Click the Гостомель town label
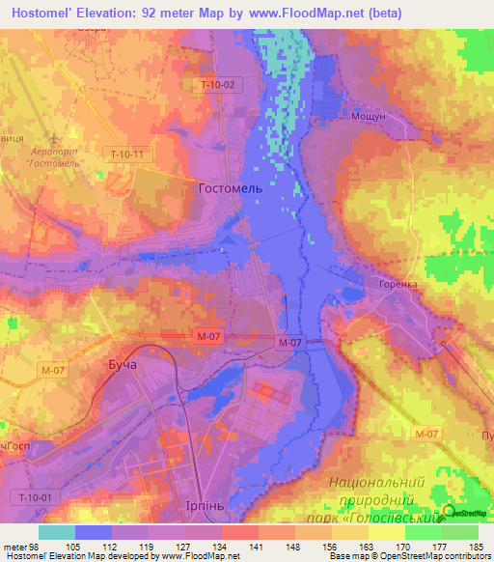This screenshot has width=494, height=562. point(230,188)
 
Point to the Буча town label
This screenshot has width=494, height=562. point(120,367)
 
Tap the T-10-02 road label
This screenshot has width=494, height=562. point(217,85)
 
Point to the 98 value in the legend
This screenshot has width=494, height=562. point(38,547)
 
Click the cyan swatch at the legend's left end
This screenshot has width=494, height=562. point(56,532)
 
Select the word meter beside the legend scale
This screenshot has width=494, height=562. point(15,547)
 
